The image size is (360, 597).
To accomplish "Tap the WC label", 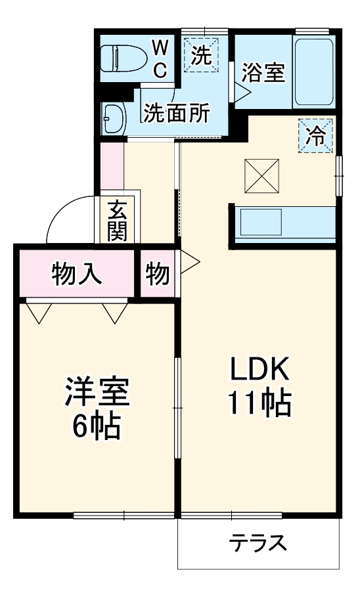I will click(x=160, y=57).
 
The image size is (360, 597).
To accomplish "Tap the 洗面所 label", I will click(x=177, y=113).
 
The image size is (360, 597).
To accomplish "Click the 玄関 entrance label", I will click(x=118, y=221).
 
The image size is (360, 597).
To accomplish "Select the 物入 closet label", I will click(x=77, y=273).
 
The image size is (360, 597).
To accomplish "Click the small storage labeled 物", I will click(x=158, y=274).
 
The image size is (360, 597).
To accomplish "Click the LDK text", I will click(x=259, y=371).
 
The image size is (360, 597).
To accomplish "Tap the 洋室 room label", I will click(x=97, y=393).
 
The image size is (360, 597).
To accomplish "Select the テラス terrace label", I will click(x=258, y=544).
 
